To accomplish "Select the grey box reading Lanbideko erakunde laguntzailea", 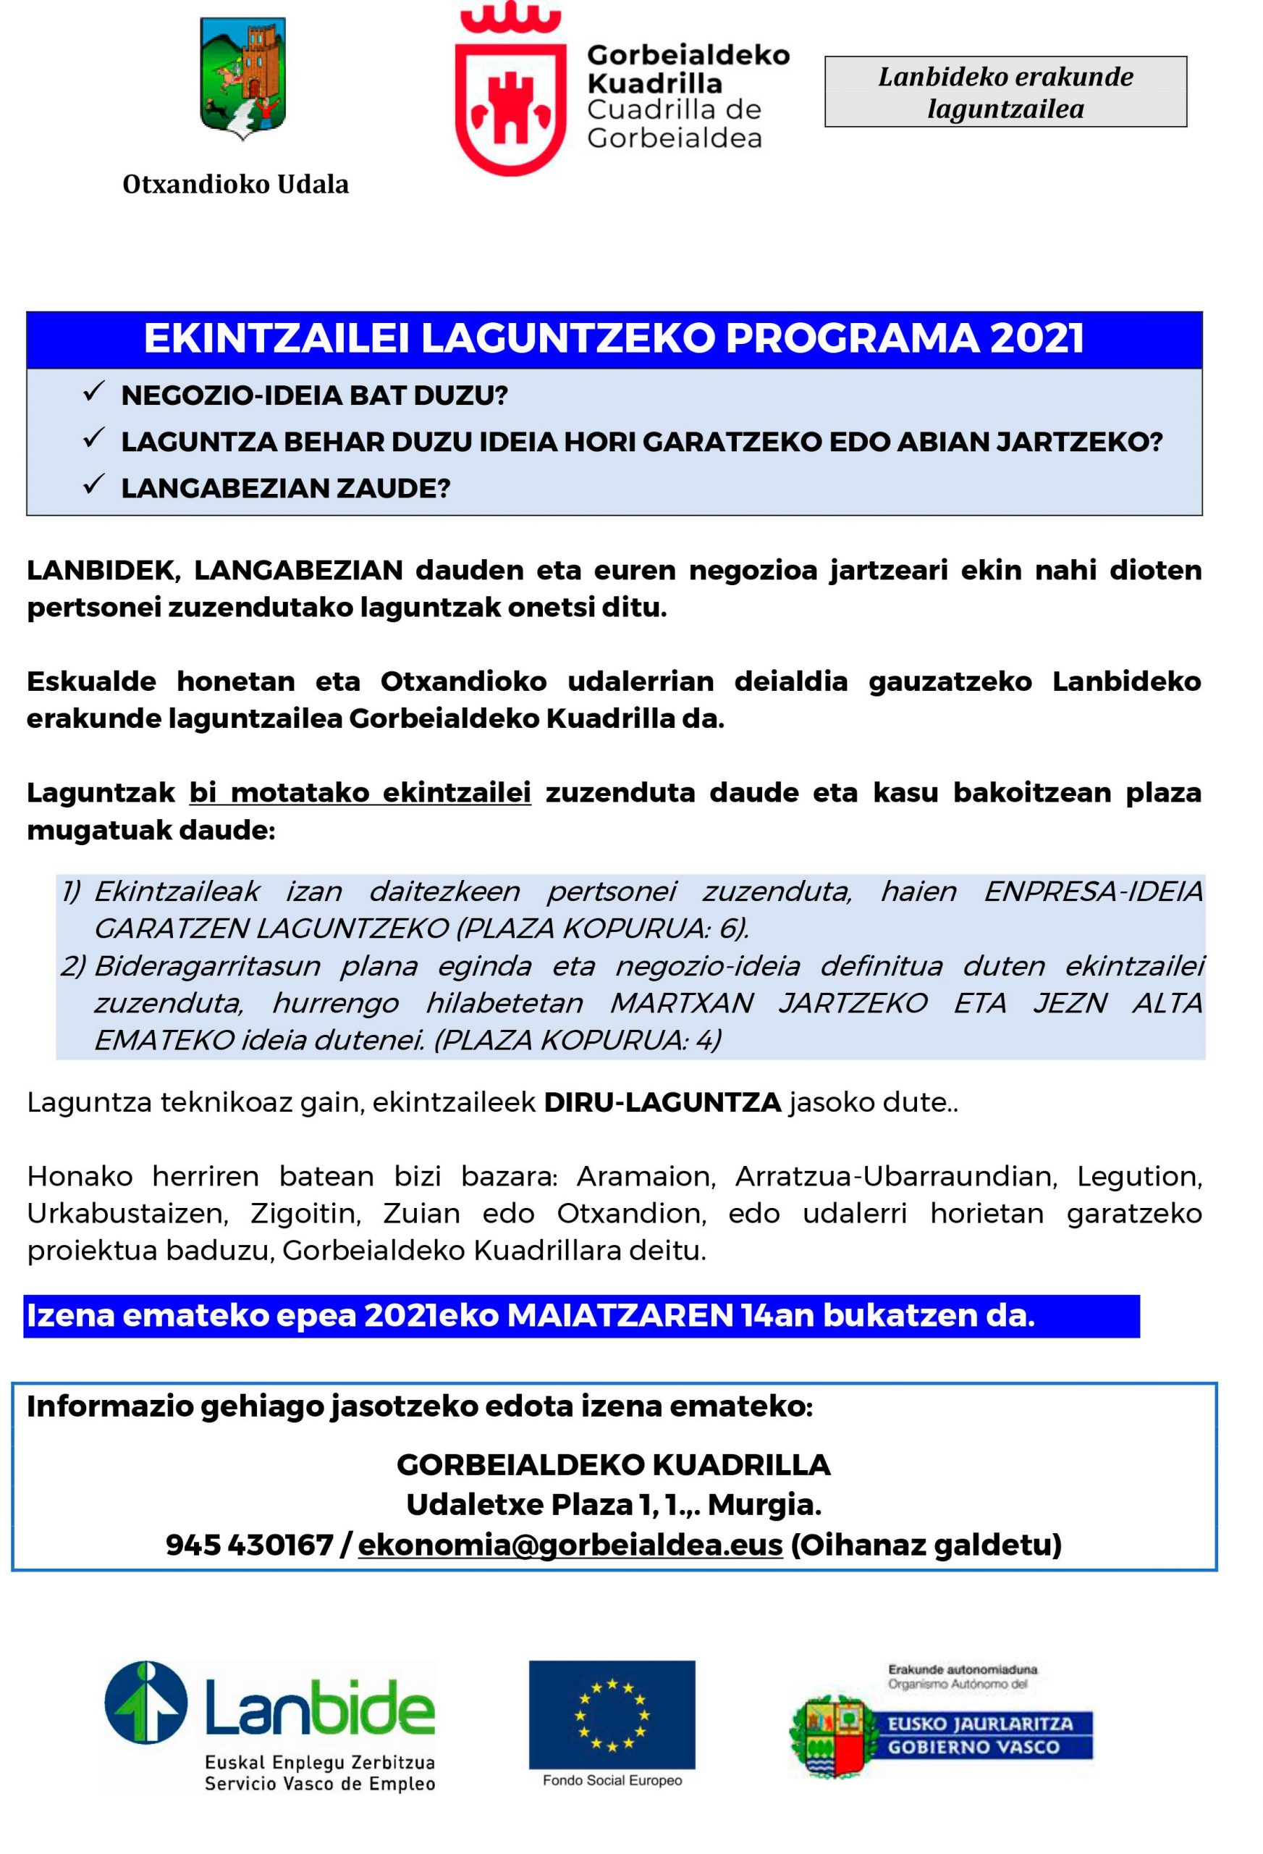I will (x=1005, y=92).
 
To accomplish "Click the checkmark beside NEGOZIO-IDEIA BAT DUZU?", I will (x=94, y=393).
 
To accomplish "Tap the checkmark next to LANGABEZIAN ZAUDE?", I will (x=94, y=485).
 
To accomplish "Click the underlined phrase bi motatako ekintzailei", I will (x=360, y=793).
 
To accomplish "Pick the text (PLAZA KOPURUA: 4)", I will (x=578, y=1040).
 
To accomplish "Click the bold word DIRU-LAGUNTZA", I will (x=662, y=1102).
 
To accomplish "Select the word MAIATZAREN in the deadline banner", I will (x=620, y=1315).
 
